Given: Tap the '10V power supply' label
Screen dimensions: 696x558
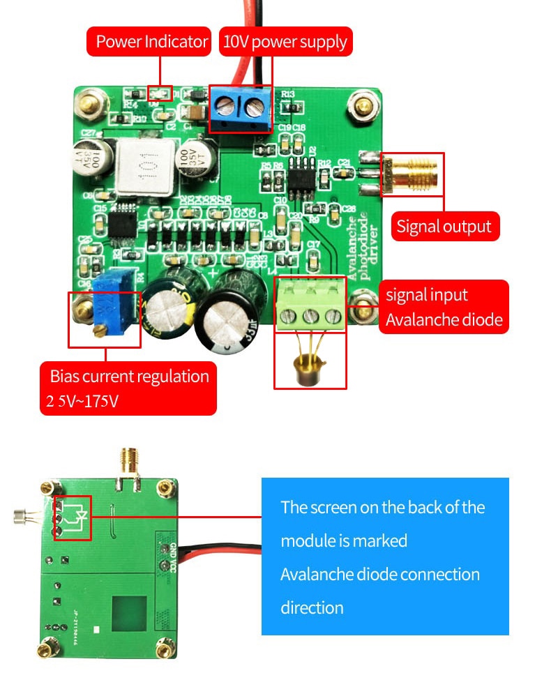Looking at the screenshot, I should (x=285, y=42).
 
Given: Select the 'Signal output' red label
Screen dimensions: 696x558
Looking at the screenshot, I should (x=444, y=227).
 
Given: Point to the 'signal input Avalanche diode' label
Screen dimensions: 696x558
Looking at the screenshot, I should (x=444, y=308).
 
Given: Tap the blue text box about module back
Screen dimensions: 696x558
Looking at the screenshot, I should (x=385, y=556).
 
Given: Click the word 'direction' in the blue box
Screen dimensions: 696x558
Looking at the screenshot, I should (x=312, y=607).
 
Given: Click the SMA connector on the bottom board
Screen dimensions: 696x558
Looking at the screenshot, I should (x=129, y=462).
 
